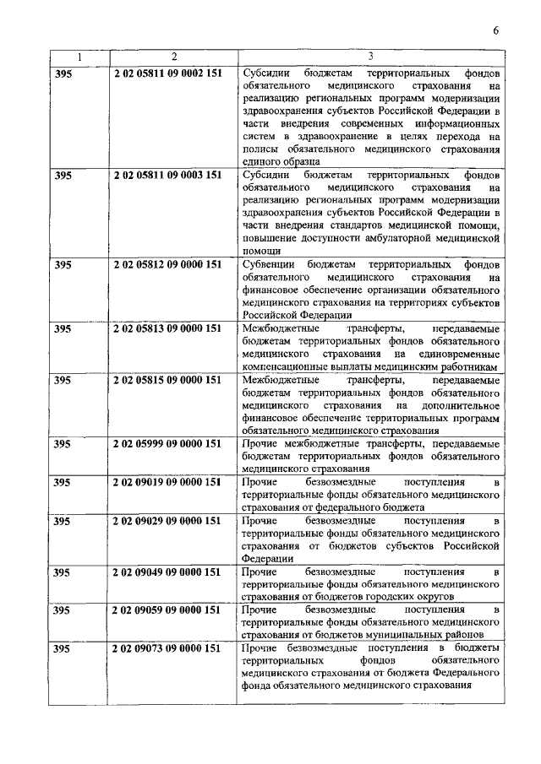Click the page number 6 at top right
click(x=496, y=32)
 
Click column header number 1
click(x=79, y=57)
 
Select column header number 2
click(x=173, y=57)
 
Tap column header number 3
click(x=371, y=57)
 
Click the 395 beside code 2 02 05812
click(x=63, y=264)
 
